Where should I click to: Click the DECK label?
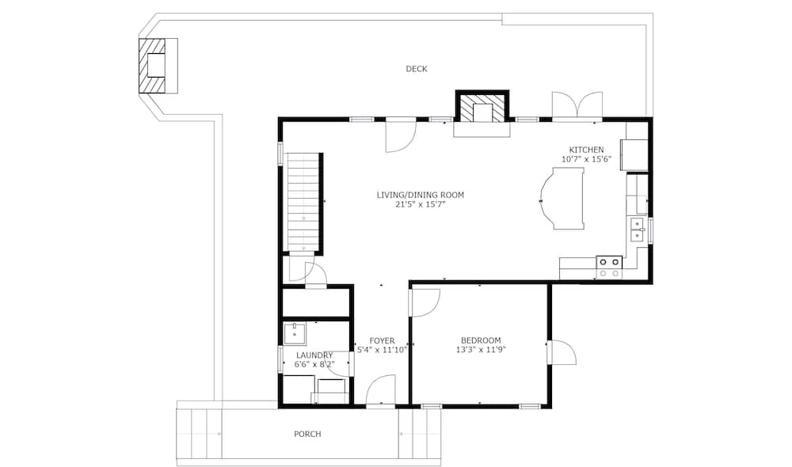pos(417,69)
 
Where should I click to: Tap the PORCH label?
pos(307,435)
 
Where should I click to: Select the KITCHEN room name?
pos(586,150)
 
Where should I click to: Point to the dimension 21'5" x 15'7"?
pos(421,204)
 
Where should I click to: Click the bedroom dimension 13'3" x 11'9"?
pos(481,349)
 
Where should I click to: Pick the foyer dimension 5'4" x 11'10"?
pos(382,349)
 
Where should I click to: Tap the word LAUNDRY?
pos(314,355)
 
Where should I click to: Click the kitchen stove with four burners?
pos(608,268)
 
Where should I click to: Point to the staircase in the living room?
pos(303,201)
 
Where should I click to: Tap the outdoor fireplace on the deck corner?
pos(158,66)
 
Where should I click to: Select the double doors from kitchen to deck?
pos(577,106)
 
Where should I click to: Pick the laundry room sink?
pos(294,334)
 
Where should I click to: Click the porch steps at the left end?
pos(199,434)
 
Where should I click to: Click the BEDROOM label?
pos(481,340)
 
